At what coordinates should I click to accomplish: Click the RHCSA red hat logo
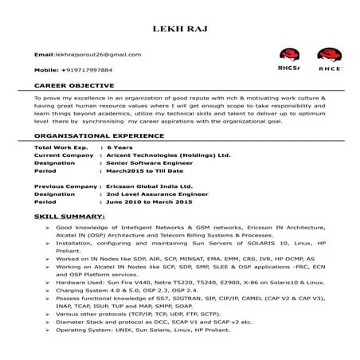coord(290,60)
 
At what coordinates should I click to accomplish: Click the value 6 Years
coord(119,149)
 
